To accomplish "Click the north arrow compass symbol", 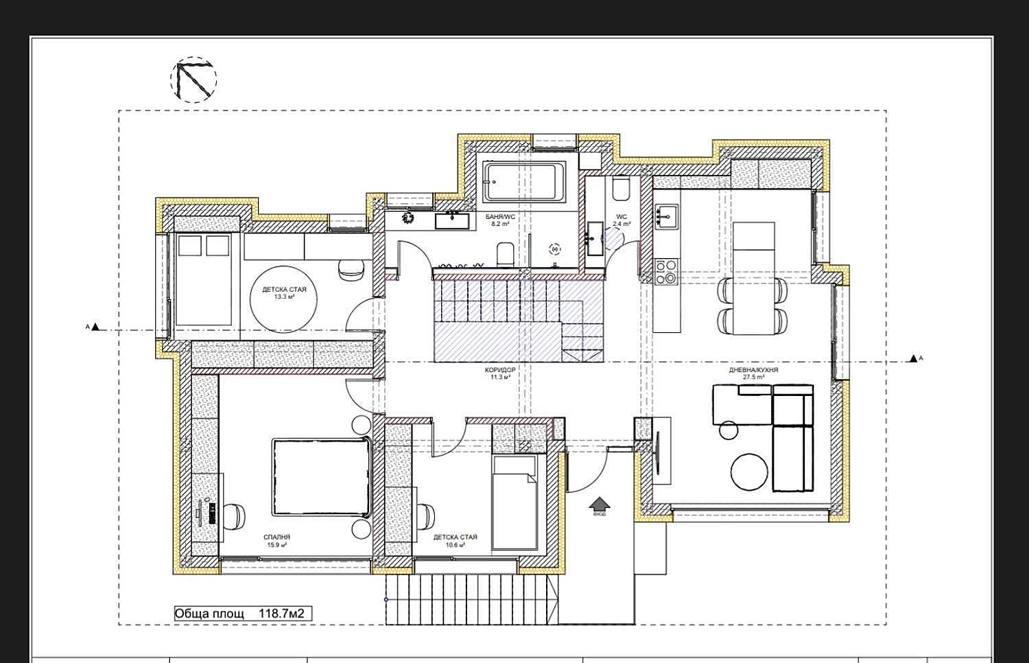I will coord(193,80).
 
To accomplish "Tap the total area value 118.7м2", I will coord(281,614).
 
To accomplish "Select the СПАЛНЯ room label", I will coord(276,537).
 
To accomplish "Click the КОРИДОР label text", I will coord(499,370).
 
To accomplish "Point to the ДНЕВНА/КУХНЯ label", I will coord(753,370).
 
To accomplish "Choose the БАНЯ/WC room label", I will coord(499,217).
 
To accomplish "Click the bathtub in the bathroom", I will coord(524,182).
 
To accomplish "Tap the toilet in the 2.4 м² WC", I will coord(621,188).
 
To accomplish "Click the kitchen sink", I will coord(665,216).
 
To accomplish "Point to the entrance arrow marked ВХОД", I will coord(599,507).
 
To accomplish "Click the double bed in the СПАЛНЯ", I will coord(322,478).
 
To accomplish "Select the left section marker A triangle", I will coord(96,327).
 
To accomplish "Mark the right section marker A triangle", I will coord(912,358).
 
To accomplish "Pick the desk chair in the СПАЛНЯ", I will coord(235,516).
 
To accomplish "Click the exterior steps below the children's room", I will coord(471,599).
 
